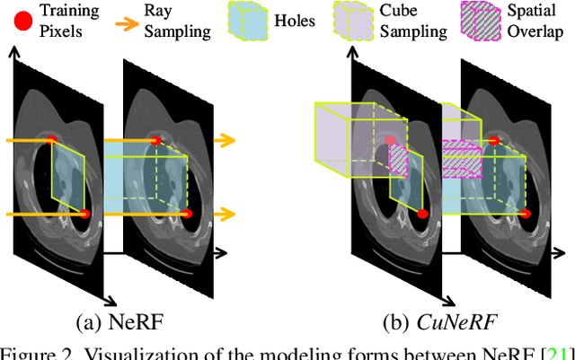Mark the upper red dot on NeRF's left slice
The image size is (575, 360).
click(51, 141)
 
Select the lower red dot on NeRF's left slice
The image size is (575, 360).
click(85, 214)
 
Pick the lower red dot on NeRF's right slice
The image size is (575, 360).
click(188, 214)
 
